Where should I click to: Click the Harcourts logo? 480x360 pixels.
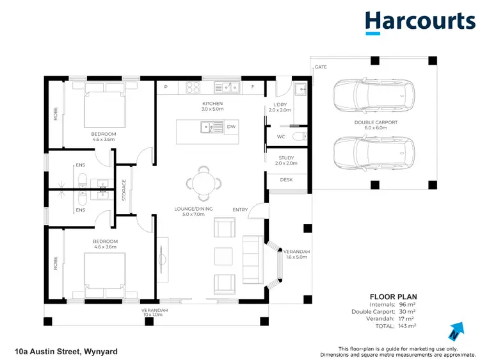pyautogui.click(x=420, y=22)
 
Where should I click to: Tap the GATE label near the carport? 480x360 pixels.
pyautogui.click(x=321, y=67)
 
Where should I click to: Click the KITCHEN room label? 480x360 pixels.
pyautogui.click(x=212, y=103)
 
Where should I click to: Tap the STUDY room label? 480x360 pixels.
pyautogui.click(x=286, y=158)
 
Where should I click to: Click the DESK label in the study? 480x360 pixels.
pyautogui.click(x=286, y=180)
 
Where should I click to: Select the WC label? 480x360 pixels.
pyautogui.click(x=281, y=136)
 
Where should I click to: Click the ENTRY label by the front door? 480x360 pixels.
pyautogui.click(x=240, y=209)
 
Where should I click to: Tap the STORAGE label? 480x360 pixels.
pyautogui.click(x=124, y=190)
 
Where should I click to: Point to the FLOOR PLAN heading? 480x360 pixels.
pyautogui.click(x=394, y=297)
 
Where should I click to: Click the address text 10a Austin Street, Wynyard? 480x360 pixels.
pyautogui.click(x=66, y=351)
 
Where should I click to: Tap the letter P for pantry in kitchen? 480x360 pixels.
pyautogui.click(x=166, y=86)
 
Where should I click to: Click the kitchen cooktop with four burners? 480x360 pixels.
pyautogui.click(x=195, y=86)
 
